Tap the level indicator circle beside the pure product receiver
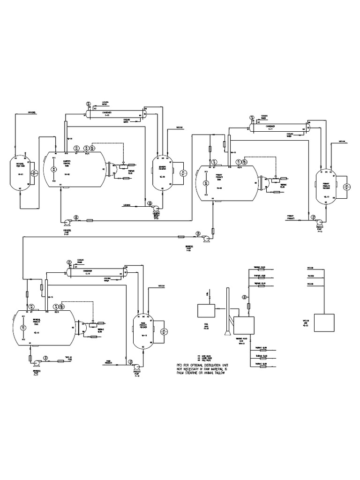[x=164, y=332]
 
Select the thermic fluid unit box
[x=244, y=324]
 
